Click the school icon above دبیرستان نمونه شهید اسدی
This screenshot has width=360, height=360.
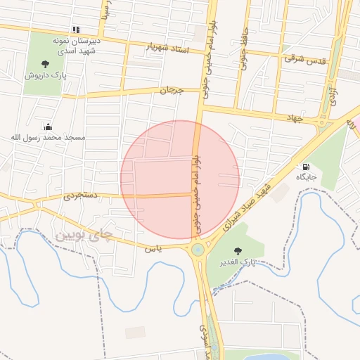click(x=75, y=30)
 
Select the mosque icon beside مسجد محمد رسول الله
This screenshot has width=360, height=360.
click(x=47, y=127)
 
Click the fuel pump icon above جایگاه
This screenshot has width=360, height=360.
click(x=306, y=167)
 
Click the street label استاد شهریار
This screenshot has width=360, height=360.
click(x=168, y=48)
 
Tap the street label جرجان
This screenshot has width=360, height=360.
click(x=172, y=91)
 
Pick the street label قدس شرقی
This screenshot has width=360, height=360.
click(x=305, y=60)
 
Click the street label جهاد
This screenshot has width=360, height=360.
click(x=294, y=118)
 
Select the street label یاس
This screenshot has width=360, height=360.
click(x=153, y=248)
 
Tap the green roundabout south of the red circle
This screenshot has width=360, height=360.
click(x=198, y=249)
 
